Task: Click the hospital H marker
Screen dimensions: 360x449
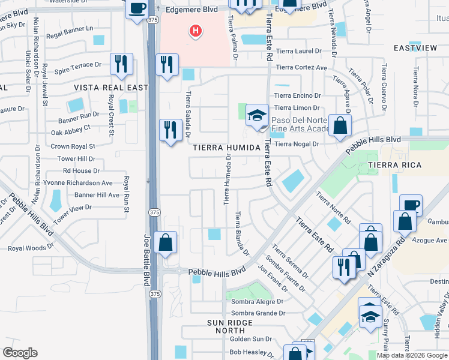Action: (x=195, y=30)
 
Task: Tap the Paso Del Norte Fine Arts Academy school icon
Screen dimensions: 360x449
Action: (x=257, y=115)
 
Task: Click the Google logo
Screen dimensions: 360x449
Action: (x=20, y=353)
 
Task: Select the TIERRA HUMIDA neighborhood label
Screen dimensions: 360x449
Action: (x=226, y=147)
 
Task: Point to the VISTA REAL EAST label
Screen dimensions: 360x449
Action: (x=110, y=88)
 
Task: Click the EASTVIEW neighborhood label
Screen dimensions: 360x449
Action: (x=414, y=47)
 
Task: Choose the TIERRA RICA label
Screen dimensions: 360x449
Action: (x=412, y=164)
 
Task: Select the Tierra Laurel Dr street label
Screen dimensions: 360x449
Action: (x=301, y=52)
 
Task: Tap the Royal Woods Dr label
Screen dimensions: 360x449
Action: (x=31, y=248)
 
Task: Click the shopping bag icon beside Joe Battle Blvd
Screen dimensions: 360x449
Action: (x=166, y=242)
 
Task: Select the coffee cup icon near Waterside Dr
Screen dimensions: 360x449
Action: (x=137, y=9)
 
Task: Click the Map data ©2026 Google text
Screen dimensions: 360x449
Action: (x=412, y=355)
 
